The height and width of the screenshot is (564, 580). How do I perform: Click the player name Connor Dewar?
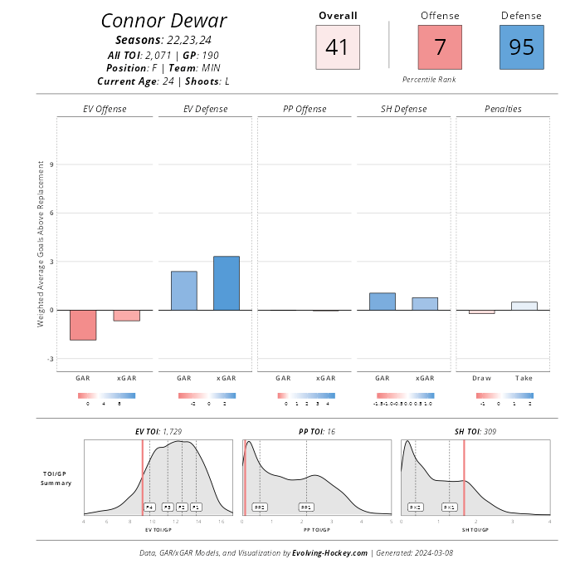(x=163, y=21)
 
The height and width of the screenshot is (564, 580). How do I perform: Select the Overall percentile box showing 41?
(x=338, y=47)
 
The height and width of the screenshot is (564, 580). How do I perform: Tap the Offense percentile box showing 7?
(x=440, y=47)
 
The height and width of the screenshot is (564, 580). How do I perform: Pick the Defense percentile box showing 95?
(x=522, y=47)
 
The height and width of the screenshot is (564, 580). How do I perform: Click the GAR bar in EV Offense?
(x=83, y=325)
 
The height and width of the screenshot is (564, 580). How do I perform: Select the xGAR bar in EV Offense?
(x=126, y=316)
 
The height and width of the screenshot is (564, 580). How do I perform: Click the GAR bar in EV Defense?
(x=184, y=291)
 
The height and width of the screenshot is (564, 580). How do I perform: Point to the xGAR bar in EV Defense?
(x=226, y=283)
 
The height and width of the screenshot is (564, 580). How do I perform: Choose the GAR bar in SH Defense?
(x=383, y=302)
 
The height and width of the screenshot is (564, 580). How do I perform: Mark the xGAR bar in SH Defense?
(x=424, y=304)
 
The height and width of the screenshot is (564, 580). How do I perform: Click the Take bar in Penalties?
(x=524, y=306)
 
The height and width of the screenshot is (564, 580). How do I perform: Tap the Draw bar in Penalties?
(x=481, y=312)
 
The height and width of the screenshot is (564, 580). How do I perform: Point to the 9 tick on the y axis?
(x=51, y=164)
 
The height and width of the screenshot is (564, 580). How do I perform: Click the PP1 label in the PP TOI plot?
(x=306, y=507)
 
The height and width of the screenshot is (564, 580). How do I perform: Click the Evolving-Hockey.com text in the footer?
(x=329, y=552)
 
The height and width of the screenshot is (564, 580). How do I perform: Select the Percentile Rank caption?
(x=429, y=79)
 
